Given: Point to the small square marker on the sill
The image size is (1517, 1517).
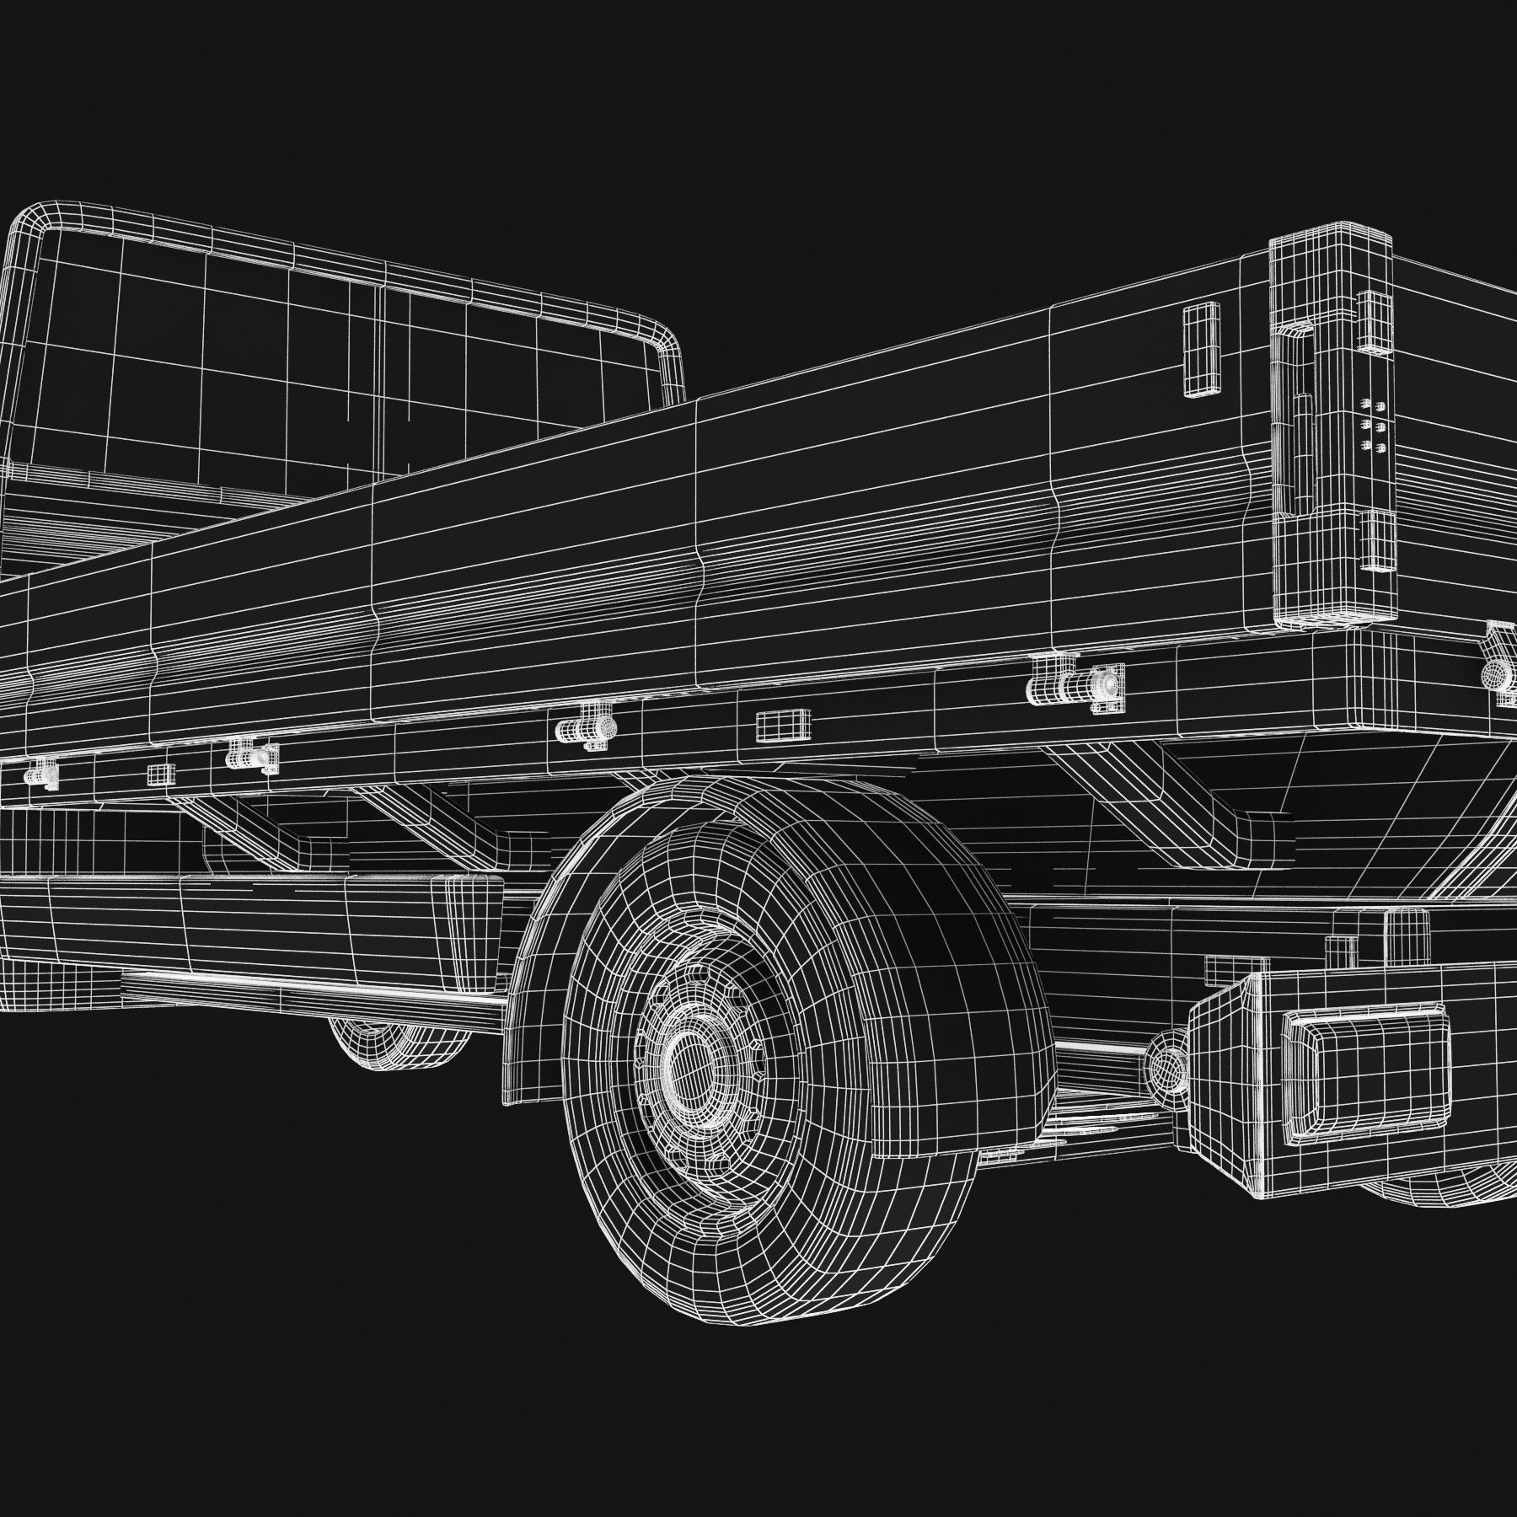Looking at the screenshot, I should pos(159,774).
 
